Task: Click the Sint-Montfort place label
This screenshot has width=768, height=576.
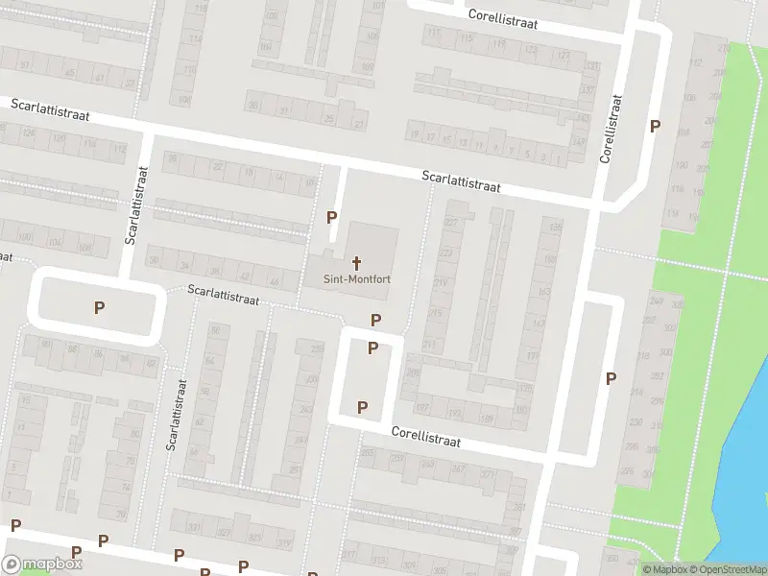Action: (355, 279)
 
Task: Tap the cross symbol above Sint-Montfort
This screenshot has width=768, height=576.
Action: (356, 262)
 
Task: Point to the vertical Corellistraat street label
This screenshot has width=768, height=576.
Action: (609, 128)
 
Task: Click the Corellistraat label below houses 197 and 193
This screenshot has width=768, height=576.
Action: (425, 438)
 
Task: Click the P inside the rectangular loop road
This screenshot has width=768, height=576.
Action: (98, 308)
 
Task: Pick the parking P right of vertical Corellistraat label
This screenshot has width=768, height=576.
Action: (656, 126)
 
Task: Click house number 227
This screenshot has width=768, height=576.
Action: (449, 223)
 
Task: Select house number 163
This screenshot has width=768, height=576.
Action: (543, 292)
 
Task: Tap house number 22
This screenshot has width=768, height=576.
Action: (219, 168)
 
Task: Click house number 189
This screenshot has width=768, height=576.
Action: (487, 417)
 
